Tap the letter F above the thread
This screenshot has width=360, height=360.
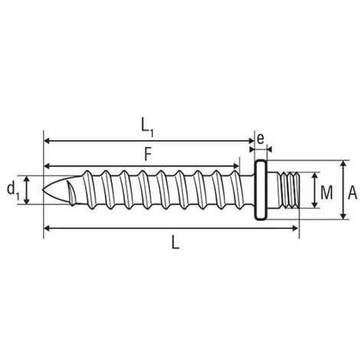tap(148, 155)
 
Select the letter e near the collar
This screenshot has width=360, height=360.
tap(260, 139)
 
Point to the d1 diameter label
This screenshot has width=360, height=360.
tap(13, 191)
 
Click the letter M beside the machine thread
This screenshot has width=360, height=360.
tap(326, 193)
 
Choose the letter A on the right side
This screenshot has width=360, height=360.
tap(352, 193)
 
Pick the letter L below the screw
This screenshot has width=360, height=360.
tap(175, 242)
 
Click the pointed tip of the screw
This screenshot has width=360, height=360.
tap(43, 190)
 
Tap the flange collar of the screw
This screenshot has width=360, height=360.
tap(261, 190)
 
